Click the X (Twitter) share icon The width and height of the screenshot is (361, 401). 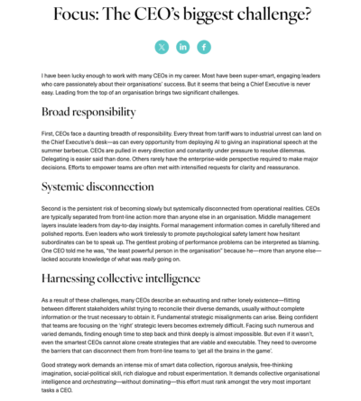pos(162,47)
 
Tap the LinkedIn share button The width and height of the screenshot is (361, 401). pos(183,47)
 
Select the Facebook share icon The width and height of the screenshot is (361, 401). pos(205,47)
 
